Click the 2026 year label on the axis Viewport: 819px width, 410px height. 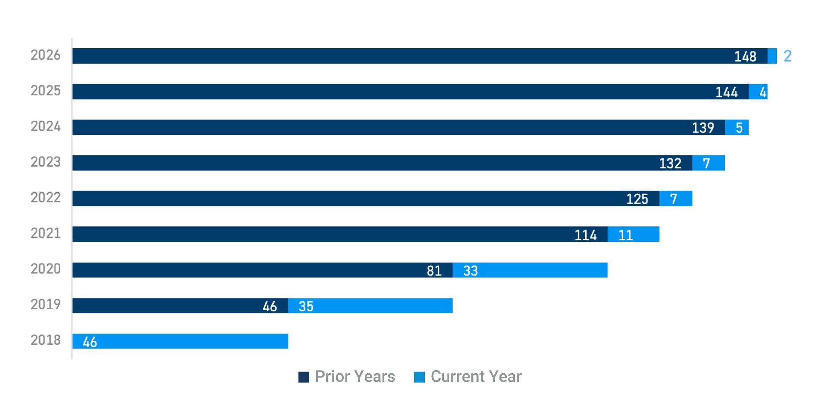pos(45,55)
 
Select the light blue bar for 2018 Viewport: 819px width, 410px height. pos(180,341)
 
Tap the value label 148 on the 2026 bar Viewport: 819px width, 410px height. pos(745,56)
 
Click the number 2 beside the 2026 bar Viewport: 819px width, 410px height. pos(787,56)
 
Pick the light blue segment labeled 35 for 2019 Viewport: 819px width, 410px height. pos(370,306)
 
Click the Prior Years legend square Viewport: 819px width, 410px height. pos(304,377)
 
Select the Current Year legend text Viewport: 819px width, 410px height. pos(476,377)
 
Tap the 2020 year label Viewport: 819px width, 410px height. pos(45,269)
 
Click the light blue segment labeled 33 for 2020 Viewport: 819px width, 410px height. pos(530,270)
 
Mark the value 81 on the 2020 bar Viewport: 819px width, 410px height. pos(434,270)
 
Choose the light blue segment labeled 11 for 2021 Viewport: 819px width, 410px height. pos(633,234)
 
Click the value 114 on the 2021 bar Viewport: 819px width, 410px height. pos(585,235)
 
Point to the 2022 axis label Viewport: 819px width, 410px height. pos(45,197)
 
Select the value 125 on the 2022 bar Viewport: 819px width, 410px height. pos(637,199)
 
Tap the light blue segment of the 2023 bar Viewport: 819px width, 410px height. pos(709,163)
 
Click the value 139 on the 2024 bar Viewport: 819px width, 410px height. pos(703,128)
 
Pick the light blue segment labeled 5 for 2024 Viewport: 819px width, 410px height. pos(737,127)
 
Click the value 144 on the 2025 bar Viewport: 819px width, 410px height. pos(726,92)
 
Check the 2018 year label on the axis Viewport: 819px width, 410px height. pos(45,340)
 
